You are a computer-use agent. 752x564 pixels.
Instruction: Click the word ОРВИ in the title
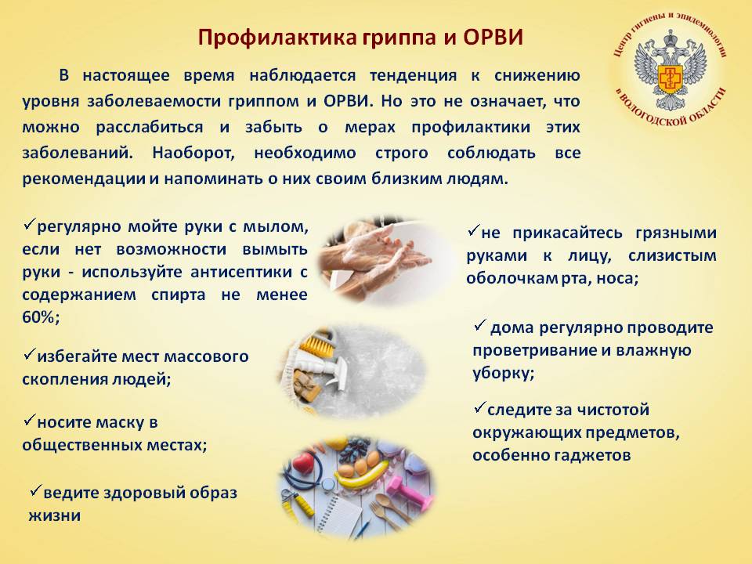coord(493,38)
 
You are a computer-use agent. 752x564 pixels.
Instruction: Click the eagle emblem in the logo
coord(671,70)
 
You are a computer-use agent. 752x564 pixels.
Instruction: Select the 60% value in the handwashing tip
coord(41,317)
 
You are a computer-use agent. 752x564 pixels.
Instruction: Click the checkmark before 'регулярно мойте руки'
coord(29,223)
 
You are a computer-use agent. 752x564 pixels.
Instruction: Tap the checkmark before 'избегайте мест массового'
coord(29,354)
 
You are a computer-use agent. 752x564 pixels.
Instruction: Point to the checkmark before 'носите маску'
coord(29,420)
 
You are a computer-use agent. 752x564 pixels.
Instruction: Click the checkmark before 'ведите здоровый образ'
coord(35,490)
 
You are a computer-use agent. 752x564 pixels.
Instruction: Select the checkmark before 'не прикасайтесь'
coord(473,230)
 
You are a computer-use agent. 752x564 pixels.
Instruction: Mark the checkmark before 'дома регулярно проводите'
coord(480,325)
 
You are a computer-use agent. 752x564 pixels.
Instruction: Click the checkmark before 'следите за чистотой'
coord(479,407)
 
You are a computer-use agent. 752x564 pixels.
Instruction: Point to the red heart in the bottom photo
coord(303,463)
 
